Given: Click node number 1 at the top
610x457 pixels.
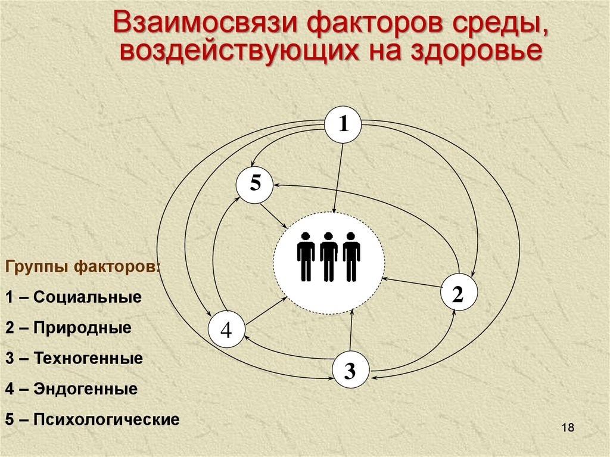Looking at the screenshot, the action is pos(343,125).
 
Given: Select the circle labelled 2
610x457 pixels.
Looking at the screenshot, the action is pos(458,293).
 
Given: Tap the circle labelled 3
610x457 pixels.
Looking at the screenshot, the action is pos(350,371).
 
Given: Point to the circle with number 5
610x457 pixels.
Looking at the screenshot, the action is pos(255,184).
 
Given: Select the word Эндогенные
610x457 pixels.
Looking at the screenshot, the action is pos(86,390).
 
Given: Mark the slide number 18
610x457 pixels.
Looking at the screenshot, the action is pos(567,428).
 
